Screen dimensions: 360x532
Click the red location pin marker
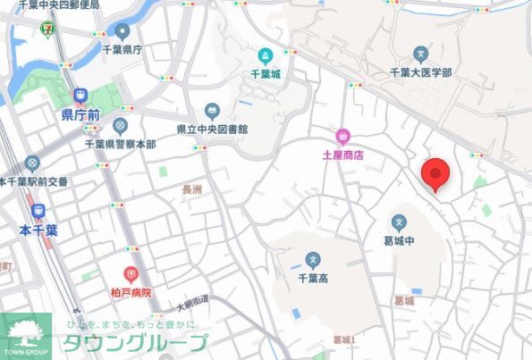click(435, 172)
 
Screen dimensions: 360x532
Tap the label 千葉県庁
click(122, 50)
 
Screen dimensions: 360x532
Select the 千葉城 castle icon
click(265, 56)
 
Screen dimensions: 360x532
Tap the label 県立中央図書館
click(212, 129)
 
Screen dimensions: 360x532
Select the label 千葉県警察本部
click(120, 144)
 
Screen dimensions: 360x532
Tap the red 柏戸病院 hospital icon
click(131, 273)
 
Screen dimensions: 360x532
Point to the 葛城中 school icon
click(400, 222)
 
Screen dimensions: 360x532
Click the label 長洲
click(191, 189)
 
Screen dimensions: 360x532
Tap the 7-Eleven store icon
click(46, 29)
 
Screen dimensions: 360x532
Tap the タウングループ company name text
click(134, 343)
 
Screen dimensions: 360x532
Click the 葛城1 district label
click(344, 339)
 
